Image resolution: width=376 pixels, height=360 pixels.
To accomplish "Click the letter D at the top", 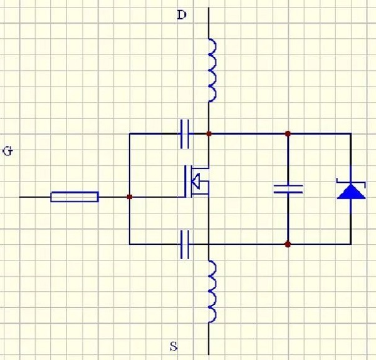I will coord(182,14).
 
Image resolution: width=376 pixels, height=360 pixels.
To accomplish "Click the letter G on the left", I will coord(8,151).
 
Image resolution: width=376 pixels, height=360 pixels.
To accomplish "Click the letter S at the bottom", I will coord(174,345).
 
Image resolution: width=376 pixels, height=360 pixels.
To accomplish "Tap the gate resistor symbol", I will coord(74,197).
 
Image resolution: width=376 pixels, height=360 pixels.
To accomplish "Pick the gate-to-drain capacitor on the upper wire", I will coord(185,133).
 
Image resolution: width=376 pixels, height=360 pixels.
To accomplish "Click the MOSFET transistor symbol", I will coord(196,182).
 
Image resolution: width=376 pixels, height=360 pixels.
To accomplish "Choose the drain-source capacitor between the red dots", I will coord(288,188).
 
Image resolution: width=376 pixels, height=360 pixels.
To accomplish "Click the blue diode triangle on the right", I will coord(350,191).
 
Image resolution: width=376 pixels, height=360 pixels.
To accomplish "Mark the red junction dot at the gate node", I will coord(129,197).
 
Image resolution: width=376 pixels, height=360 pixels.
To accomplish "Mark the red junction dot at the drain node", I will coord(209,133).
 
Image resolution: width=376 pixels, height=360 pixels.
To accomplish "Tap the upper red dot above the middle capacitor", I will coord(288,133).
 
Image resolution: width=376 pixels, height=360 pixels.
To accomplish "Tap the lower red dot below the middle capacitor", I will coord(288,244).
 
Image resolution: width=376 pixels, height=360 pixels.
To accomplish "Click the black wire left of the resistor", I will coord(34,197).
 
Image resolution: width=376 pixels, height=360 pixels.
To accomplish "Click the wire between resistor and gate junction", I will coord(113,197).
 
